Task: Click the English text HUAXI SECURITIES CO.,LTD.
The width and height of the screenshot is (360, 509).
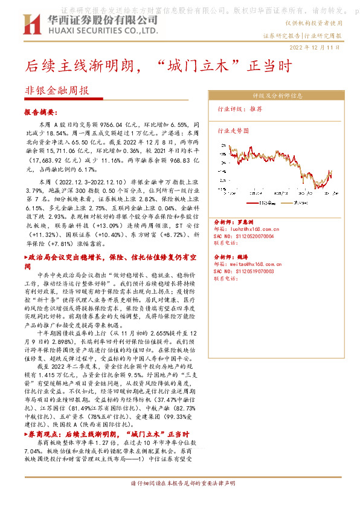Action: [x=91, y=30]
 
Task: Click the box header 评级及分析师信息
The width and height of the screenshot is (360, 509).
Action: [x=277, y=96]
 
